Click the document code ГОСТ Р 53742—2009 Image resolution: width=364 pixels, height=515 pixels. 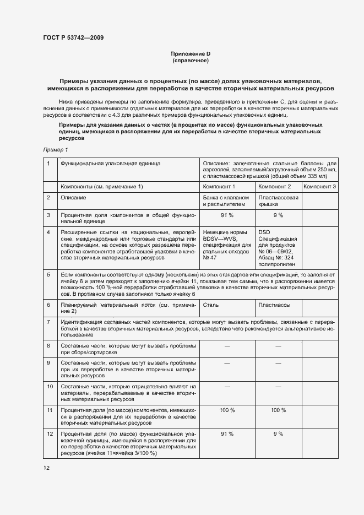click(x=73, y=37)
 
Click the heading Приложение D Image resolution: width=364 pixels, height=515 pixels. click(x=191, y=53)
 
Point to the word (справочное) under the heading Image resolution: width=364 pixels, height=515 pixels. click(x=191, y=60)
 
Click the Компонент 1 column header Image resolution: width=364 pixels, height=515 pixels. click(x=219, y=187)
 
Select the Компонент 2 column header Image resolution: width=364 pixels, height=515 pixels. click(x=274, y=187)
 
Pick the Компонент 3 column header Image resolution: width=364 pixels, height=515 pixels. click(x=320, y=187)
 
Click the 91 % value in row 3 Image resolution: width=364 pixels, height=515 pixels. click(x=227, y=215)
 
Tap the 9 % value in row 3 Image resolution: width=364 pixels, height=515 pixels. click(x=278, y=215)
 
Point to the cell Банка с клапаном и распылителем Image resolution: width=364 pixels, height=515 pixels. click(x=226, y=200)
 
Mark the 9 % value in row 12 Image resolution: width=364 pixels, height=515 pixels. click(x=278, y=434)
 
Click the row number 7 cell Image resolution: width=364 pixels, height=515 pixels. click(x=48, y=321)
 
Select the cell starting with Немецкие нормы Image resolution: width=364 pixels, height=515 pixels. click(x=227, y=245)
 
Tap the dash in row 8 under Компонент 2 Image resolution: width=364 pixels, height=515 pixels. click(x=278, y=345)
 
